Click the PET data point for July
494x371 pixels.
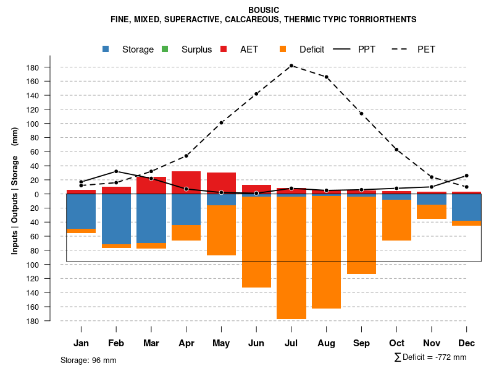click(291, 66)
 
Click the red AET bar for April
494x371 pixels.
click(186, 182)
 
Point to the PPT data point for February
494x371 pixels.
click(116, 171)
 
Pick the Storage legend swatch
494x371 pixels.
click(107, 49)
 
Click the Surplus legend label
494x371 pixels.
click(196, 49)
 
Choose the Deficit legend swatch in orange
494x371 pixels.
click(283, 49)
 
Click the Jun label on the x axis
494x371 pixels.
click(256, 343)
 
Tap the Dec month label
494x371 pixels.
click(467, 343)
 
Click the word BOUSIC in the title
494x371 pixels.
click(264, 10)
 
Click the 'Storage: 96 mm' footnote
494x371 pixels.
click(88, 360)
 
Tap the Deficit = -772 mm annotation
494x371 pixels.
click(430, 357)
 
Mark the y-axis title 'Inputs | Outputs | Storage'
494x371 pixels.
click(15, 204)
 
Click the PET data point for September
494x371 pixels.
click(362, 114)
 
